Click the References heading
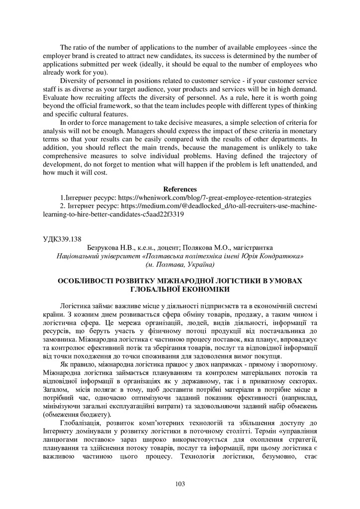click(x=180, y=189)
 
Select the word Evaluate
click(x=56, y=97)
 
